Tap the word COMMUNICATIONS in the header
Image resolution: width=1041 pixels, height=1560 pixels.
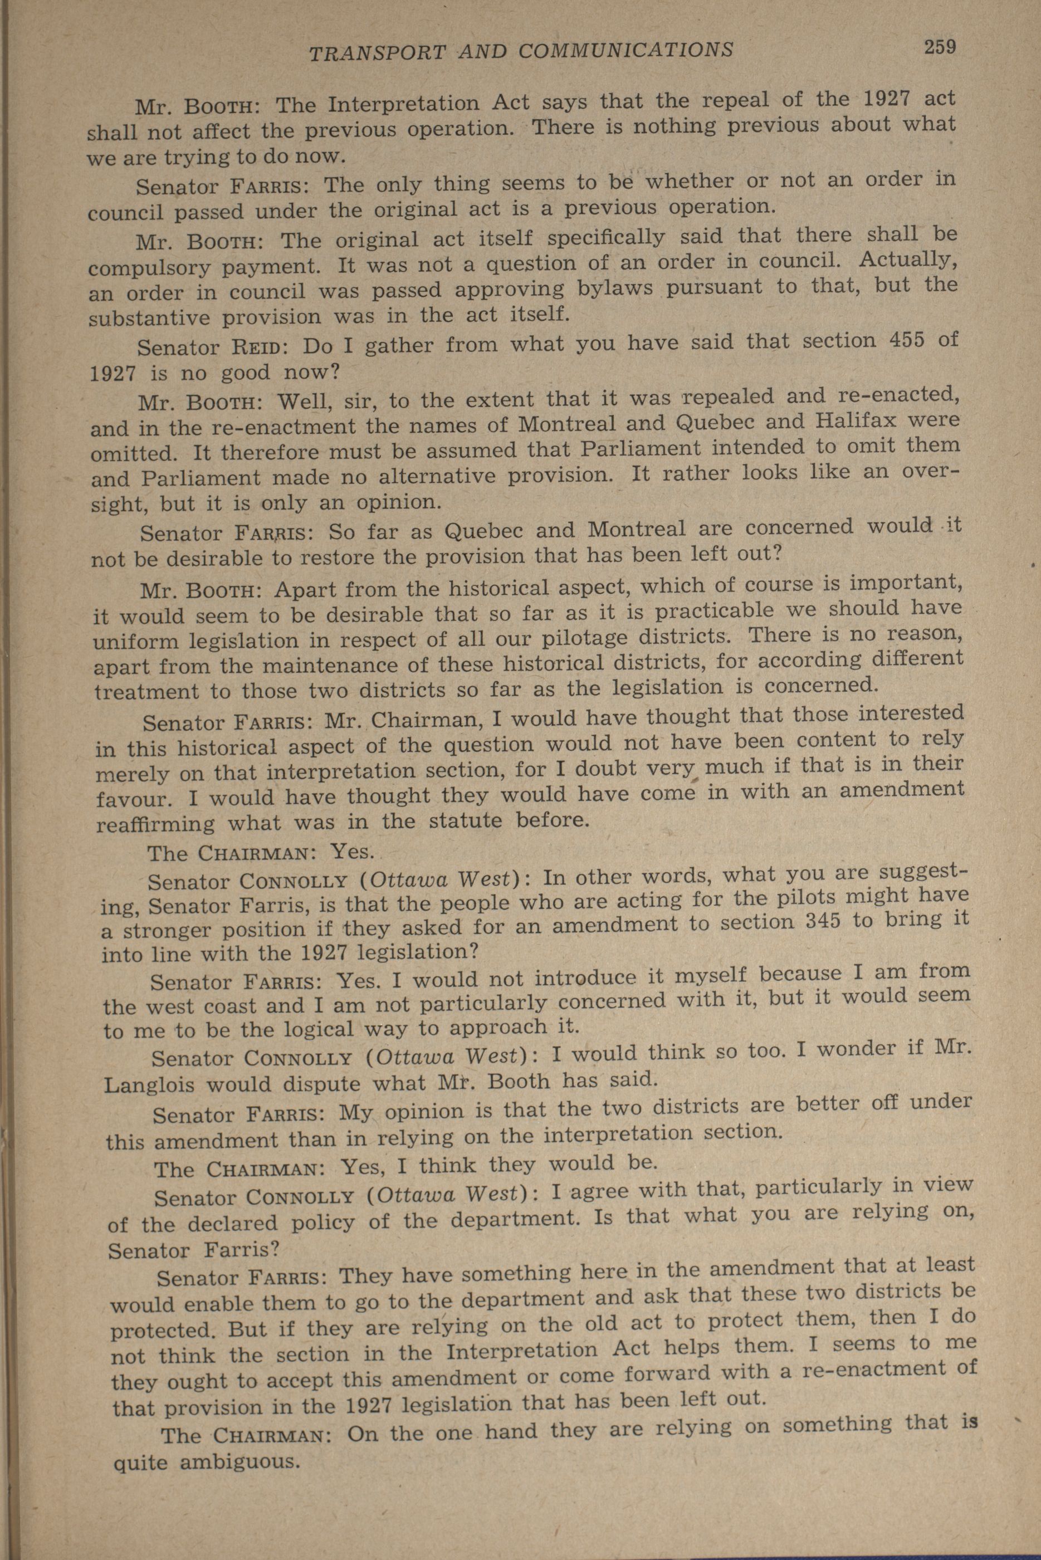(625, 50)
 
